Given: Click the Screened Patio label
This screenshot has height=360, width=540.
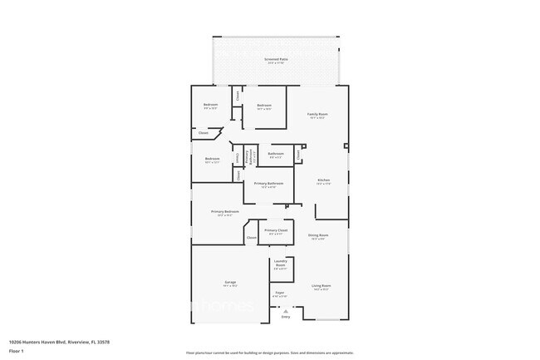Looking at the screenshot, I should [276, 60].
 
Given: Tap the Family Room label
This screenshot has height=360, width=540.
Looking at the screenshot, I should [317, 115].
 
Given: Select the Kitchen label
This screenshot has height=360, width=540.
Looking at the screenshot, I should [324, 180].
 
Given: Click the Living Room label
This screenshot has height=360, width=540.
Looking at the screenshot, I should [321, 287].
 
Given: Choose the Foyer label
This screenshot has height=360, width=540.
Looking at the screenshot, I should [281, 293].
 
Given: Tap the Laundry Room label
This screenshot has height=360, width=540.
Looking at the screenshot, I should [281, 265].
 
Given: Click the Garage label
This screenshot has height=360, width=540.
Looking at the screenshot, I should [230, 283].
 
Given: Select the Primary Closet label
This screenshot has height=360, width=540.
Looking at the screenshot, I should [276, 230].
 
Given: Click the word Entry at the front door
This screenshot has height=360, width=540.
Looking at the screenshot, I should [286, 317].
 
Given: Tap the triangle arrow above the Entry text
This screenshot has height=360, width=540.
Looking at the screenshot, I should [286, 310].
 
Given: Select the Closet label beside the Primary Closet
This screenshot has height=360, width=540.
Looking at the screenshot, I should [252, 238].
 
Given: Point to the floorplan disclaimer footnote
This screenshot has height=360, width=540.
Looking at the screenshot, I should [269, 353].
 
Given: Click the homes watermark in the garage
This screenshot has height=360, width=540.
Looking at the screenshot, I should [224, 306].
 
